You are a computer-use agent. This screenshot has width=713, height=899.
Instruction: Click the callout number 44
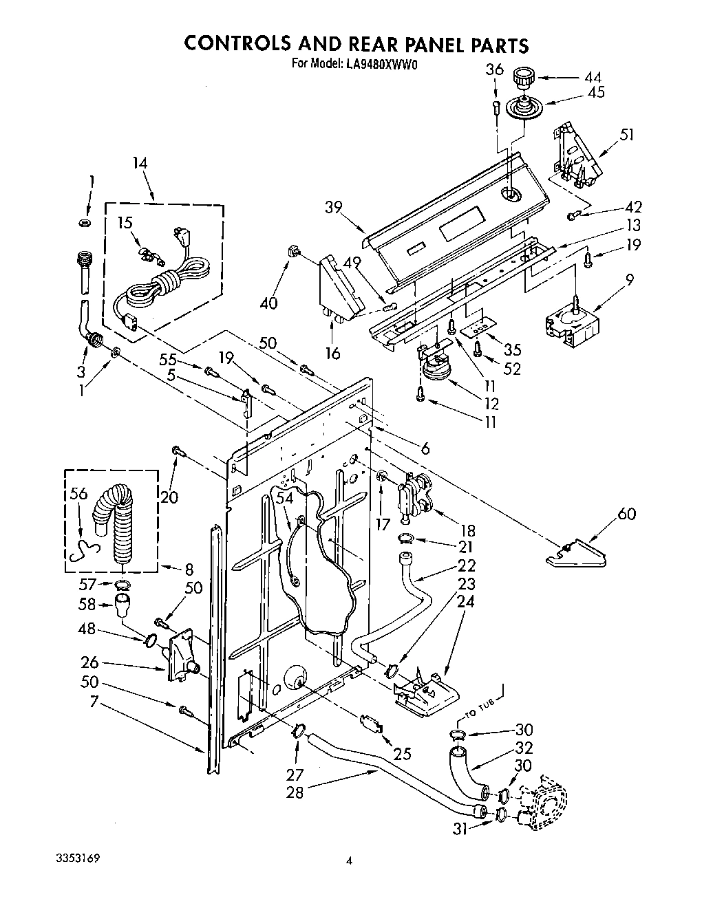click(593, 77)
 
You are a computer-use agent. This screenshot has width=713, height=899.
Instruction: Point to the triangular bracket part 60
click(577, 554)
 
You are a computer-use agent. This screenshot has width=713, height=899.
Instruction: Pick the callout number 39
click(334, 208)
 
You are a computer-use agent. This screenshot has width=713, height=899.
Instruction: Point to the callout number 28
click(295, 792)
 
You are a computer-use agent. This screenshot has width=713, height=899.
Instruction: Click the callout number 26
click(89, 663)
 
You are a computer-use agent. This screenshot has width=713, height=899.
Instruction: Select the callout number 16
click(332, 354)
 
